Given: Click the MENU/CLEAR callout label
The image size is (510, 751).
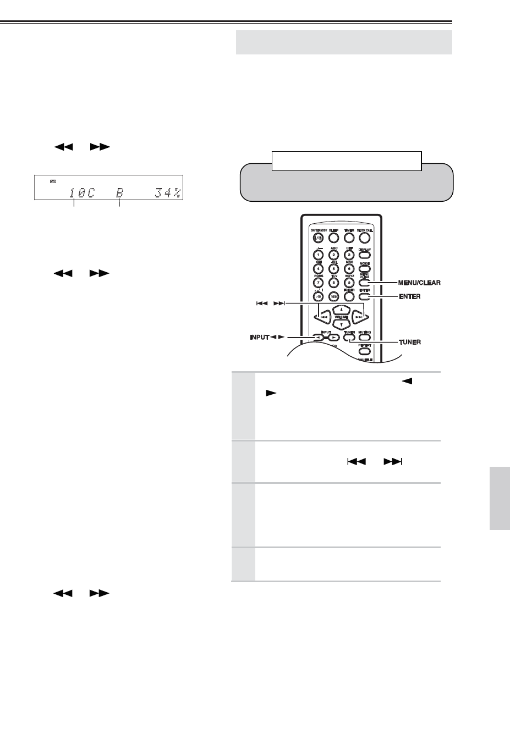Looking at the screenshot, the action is [x=419, y=283].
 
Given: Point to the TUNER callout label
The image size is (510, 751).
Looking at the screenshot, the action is [x=410, y=341].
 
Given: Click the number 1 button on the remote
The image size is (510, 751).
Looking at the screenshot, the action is [x=317, y=255].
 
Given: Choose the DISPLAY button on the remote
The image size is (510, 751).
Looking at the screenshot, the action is [x=365, y=255].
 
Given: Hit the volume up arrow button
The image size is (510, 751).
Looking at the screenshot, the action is [x=341, y=310].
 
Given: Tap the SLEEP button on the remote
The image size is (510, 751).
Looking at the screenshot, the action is [x=333, y=238].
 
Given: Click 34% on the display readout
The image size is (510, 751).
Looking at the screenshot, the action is [x=168, y=193].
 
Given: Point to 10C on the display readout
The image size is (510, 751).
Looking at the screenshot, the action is [x=81, y=193].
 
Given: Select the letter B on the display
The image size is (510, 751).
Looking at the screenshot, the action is [x=119, y=193].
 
